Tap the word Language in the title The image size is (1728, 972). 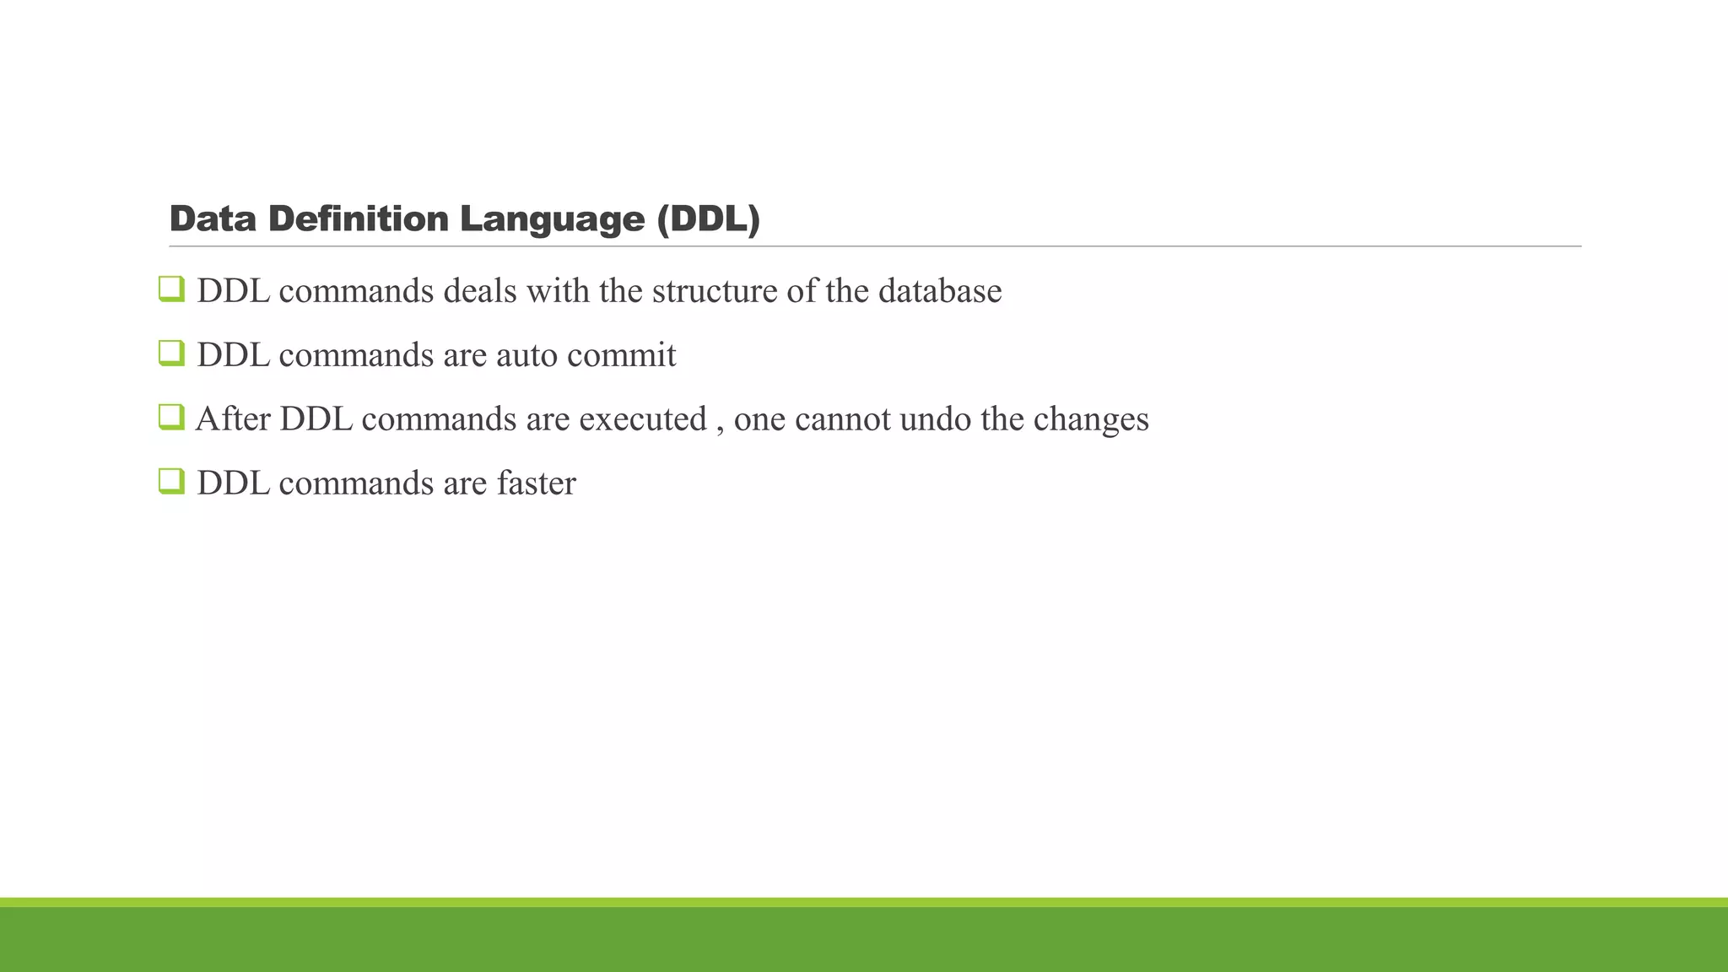552,219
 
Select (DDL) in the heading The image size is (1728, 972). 709,219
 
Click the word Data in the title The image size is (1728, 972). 213,219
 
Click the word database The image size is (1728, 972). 940,291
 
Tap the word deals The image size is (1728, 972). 480,291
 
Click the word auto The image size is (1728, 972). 527,355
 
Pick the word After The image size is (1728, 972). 233,419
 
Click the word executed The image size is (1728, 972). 643,419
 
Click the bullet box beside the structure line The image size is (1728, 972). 171,289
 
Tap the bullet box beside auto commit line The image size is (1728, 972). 171,354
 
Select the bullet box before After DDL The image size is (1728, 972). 171,418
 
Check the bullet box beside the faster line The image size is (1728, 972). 171,482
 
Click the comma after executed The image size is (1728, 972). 720,429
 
